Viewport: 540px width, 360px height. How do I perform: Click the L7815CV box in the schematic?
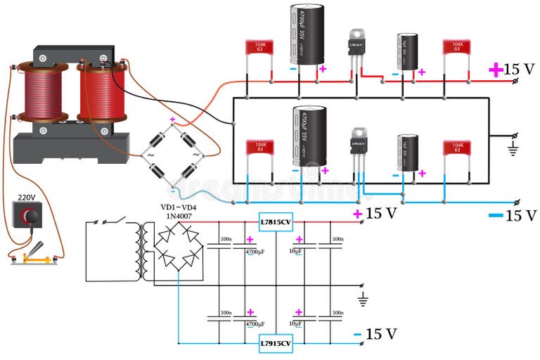click(276, 221)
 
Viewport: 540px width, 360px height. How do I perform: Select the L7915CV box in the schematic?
click(276, 343)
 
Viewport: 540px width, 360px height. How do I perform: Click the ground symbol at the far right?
click(513, 148)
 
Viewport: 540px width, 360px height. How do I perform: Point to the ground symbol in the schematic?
click(363, 300)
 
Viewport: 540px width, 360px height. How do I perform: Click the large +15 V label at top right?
click(513, 69)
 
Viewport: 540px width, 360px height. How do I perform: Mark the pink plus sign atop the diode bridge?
click(172, 120)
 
